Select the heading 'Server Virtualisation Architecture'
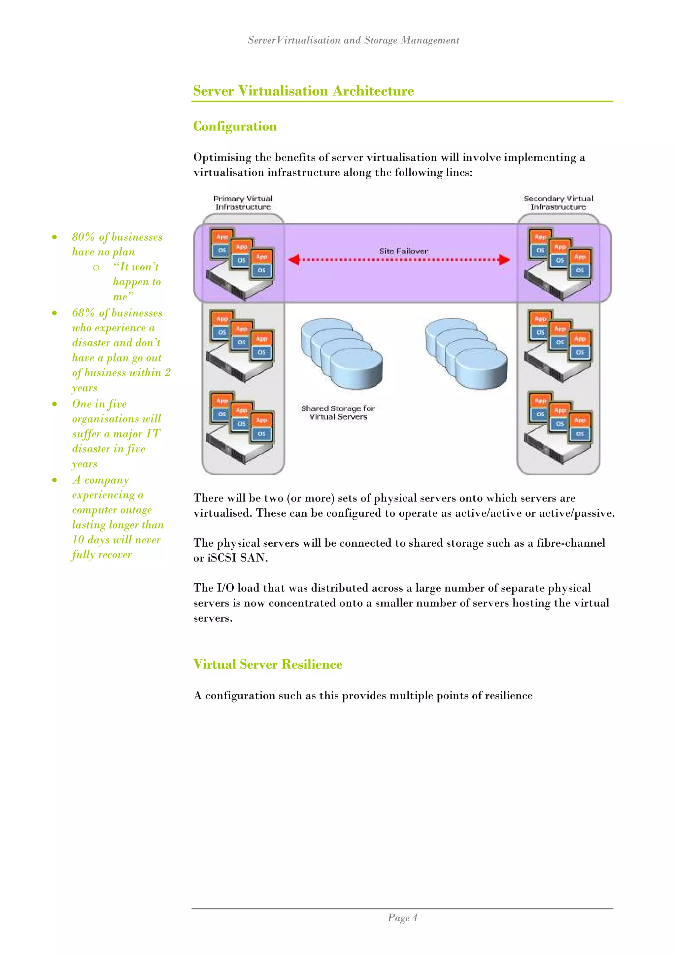[x=303, y=91]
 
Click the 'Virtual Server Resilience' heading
[x=268, y=664]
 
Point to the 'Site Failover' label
[x=403, y=251]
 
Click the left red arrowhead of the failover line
[x=293, y=260]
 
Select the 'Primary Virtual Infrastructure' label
[x=243, y=202]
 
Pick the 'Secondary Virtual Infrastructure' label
[x=558, y=202]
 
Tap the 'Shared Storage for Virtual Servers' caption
[x=338, y=412]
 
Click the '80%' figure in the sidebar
[x=83, y=237]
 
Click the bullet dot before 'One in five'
[x=54, y=404]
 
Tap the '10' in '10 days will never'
[x=78, y=540]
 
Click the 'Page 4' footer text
[x=402, y=918]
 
